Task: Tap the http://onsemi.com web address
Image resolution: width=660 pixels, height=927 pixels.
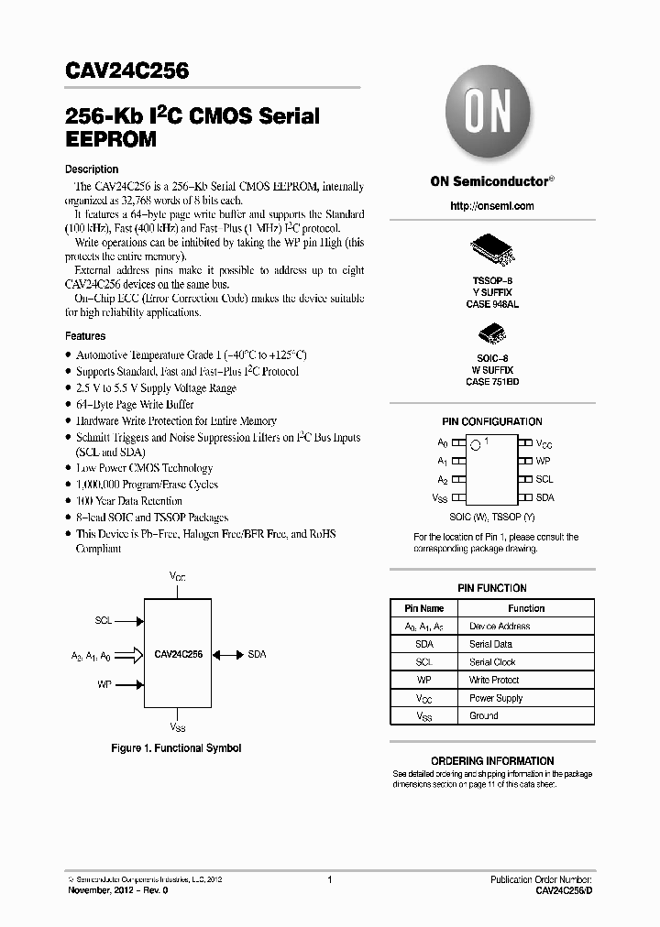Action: click(491, 206)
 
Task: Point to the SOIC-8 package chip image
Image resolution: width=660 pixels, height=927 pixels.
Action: click(491, 333)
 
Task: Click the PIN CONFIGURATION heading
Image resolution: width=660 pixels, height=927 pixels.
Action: click(491, 421)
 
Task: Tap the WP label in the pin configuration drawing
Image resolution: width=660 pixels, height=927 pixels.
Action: click(544, 461)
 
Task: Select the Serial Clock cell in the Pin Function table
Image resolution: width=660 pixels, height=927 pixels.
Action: click(492, 662)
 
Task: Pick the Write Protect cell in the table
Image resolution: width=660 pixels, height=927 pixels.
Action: click(494, 680)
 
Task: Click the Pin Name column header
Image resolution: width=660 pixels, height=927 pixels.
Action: click(423, 608)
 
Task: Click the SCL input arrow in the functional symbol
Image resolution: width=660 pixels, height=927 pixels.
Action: click(129, 620)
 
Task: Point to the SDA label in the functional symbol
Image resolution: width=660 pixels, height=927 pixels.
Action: click(258, 655)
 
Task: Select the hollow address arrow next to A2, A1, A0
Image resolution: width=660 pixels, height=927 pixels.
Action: click(129, 655)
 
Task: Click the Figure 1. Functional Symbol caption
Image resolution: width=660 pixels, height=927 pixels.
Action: click(176, 748)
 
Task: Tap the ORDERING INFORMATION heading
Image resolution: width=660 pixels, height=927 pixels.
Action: click(492, 760)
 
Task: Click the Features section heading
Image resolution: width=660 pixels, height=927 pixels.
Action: click(85, 336)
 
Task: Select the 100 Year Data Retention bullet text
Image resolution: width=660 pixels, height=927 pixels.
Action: click(128, 501)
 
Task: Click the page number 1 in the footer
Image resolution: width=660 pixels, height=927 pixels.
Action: click(329, 880)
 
